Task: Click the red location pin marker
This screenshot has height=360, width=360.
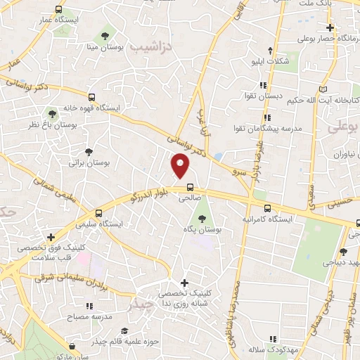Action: (x=181, y=165)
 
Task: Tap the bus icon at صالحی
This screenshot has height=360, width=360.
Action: (x=190, y=187)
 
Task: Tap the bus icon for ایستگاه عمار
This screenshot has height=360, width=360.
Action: (x=58, y=11)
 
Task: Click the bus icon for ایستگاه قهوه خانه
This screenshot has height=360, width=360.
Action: (x=91, y=98)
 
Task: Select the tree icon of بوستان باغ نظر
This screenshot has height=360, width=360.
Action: (x=51, y=112)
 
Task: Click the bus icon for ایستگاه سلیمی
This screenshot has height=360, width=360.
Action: (x=98, y=212)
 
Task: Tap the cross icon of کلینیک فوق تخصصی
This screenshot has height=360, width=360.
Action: (x=49, y=237)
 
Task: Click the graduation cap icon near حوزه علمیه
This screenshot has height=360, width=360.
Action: (x=124, y=331)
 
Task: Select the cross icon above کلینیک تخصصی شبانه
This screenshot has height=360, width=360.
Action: (x=184, y=281)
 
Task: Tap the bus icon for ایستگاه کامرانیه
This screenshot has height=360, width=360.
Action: (x=267, y=208)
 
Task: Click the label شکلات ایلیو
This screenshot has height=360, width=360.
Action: (x=271, y=61)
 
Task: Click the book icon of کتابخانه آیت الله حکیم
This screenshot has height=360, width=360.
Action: (x=323, y=90)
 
